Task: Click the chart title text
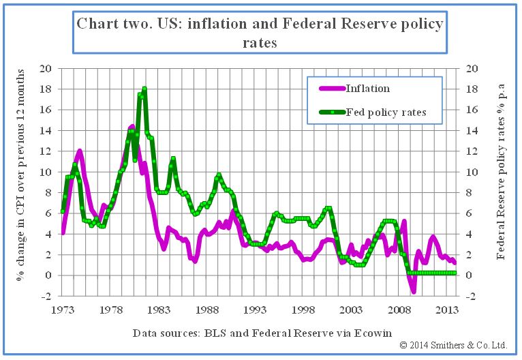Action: tap(260, 33)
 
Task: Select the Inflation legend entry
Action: tap(368, 88)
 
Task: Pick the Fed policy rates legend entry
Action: tap(386, 112)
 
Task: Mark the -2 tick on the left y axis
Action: tap(46, 297)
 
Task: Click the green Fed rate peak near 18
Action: tap(144, 89)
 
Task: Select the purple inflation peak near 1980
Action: tap(132, 126)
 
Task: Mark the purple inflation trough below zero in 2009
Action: tap(413, 291)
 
